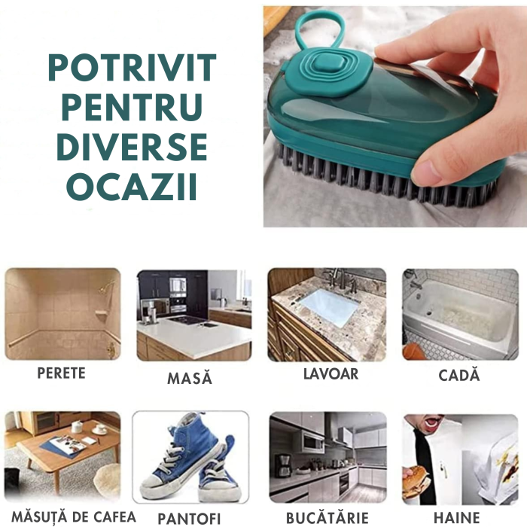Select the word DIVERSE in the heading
pyautogui.click(x=132, y=148)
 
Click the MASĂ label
pyautogui.click(x=190, y=378)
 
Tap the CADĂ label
pyautogui.click(x=458, y=376)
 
